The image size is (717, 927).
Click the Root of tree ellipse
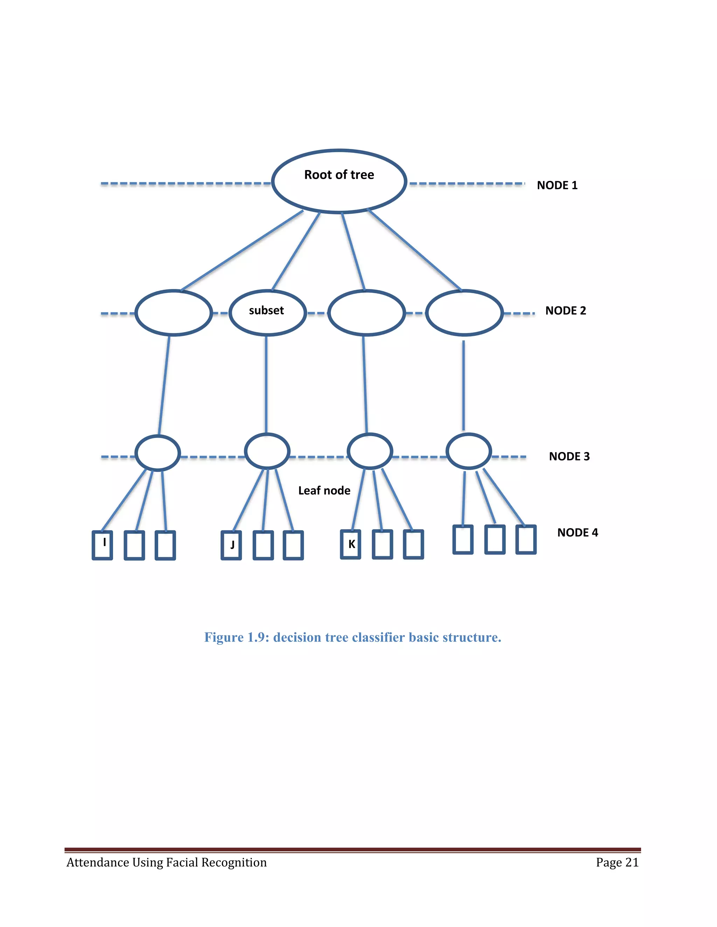coord(339,181)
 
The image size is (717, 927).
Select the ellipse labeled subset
coord(267,313)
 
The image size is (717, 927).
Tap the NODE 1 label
coord(557,185)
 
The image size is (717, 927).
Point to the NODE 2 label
coord(565,311)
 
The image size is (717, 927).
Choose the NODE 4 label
coord(577,533)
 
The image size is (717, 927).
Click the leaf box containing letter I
coord(102,545)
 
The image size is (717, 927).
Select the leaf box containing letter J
coord(231,545)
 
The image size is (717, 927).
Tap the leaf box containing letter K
coord(350,544)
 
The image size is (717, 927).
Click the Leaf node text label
coord(324,491)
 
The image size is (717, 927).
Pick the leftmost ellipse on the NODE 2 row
coord(173,313)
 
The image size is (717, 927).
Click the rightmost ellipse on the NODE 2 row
coord(464,313)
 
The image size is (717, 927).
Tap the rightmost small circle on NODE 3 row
coord(468,451)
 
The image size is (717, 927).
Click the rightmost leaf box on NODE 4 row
coord(526,539)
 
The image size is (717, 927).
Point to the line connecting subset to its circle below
coord(266,384)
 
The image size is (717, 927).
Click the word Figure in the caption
coord(223,637)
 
